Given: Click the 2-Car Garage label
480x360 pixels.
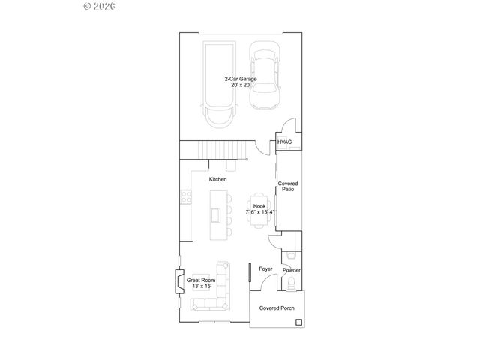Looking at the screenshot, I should click(239, 82).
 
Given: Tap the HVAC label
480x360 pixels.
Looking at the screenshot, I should click(284, 142).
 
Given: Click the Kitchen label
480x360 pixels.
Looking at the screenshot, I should click(217, 179).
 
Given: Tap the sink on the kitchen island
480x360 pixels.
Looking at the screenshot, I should click(215, 214).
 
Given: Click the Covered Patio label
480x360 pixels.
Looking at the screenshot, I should click(287, 187).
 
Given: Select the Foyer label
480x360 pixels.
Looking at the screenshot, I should click(265, 268).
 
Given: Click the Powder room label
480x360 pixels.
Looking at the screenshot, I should click(291, 270).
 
